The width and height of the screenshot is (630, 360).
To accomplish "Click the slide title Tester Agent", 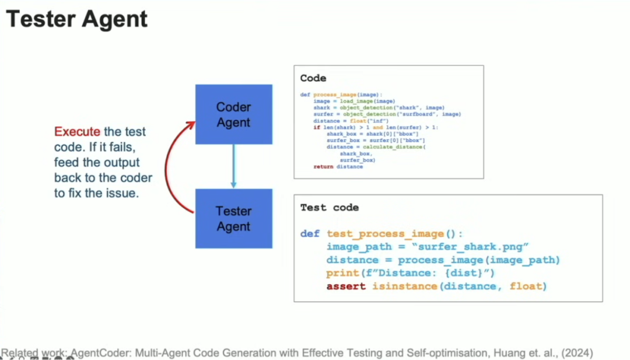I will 76,19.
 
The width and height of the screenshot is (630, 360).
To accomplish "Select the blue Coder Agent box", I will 233,114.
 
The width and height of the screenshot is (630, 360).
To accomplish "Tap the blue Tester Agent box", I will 233,218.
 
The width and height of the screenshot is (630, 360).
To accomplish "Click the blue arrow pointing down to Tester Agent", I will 233,166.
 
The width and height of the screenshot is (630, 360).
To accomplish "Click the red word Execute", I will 77,132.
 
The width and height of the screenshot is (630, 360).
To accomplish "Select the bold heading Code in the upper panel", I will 313,78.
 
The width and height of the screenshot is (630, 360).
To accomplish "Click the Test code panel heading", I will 330,207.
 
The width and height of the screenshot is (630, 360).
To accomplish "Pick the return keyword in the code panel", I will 323,166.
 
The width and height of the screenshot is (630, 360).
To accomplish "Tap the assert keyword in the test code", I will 346,286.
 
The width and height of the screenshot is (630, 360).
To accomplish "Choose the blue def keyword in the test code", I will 310,234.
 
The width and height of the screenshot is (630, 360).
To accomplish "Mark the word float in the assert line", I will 525,286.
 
